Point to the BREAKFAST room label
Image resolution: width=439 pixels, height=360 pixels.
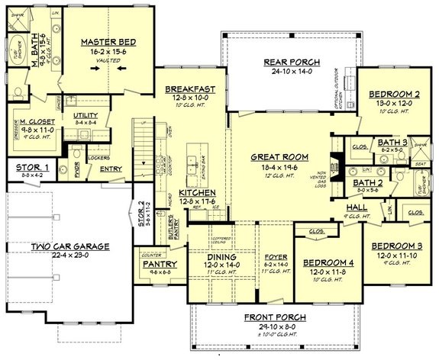click(189, 88)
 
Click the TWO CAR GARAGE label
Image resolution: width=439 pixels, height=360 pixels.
click(69, 246)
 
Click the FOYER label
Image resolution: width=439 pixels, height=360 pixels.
click(274, 257)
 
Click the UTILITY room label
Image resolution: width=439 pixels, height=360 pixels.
click(86, 115)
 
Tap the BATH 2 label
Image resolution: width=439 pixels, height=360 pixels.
click(368, 183)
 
